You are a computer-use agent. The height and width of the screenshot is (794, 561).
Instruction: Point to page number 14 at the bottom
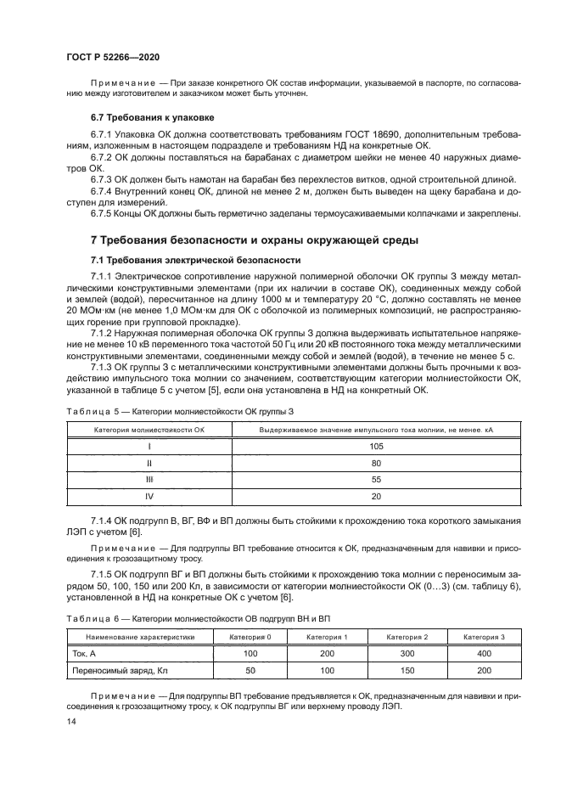coord(70,720)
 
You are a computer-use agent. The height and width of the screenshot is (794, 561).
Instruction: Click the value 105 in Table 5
coord(376,446)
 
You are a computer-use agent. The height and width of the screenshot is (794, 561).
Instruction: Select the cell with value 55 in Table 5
coord(376,479)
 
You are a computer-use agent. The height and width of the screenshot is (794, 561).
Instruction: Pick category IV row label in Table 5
coord(149,495)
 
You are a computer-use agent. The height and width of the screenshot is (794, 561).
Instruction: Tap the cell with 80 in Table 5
coord(376,463)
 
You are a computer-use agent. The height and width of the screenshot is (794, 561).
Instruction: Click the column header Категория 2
coord(407,635)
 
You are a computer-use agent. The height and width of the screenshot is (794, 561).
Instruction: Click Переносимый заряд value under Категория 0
coord(250,671)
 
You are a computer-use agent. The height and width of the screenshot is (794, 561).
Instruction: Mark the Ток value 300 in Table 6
coord(407,653)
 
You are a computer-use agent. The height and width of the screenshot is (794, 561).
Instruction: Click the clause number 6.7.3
coord(102,179)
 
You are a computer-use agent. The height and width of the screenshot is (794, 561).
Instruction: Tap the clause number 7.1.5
coord(102,575)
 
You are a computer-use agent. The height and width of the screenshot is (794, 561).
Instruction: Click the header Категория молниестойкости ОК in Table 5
coord(149,431)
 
